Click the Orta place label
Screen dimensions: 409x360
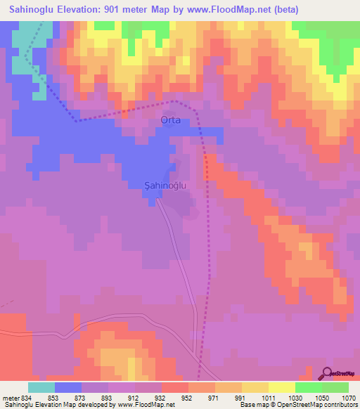tap(171, 120)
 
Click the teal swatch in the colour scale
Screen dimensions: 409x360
tap(41, 388)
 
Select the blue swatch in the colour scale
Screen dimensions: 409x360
tap(67, 388)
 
